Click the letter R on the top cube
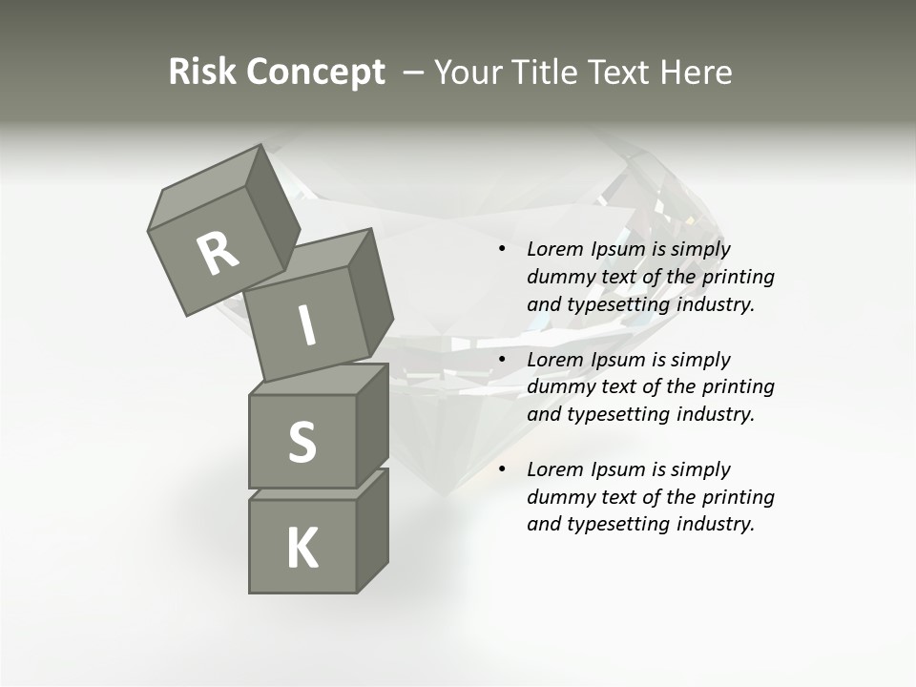pos(218,253)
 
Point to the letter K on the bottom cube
pos(302,549)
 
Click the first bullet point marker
pos(501,249)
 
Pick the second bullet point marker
pos(501,360)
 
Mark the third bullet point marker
pos(501,469)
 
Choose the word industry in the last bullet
pos(715,524)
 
